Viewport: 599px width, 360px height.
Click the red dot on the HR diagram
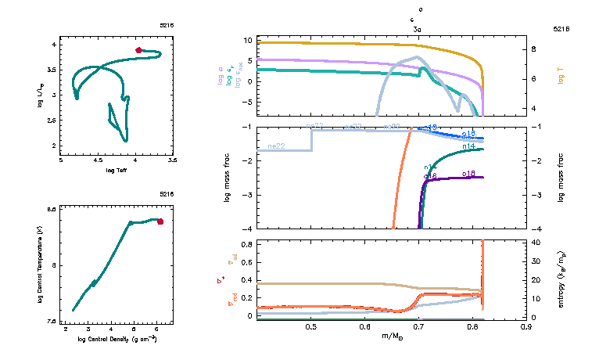pos(138,50)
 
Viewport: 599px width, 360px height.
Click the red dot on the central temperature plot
pos(160,221)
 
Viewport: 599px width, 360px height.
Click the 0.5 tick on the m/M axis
pos(312,328)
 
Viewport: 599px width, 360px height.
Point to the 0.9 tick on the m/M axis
pos(528,328)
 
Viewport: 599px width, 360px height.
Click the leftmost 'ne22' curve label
pos(275,146)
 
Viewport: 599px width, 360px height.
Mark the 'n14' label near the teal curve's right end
pos(469,146)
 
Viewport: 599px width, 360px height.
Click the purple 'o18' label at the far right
pos(469,173)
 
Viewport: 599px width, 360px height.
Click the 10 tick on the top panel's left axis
pos(246,40)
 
